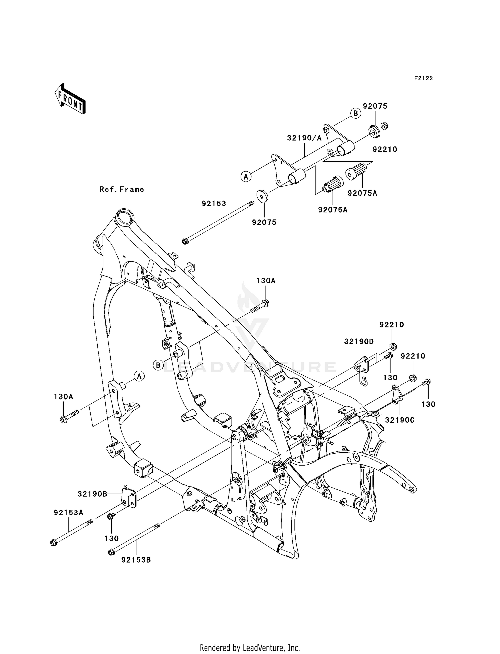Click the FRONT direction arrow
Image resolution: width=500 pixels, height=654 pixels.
(70, 99)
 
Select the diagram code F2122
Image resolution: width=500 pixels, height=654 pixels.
(423, 78)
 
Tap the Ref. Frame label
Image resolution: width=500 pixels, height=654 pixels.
(122, 189)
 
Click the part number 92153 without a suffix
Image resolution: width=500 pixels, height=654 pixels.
(214, 203)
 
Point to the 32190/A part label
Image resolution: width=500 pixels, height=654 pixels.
(304, 138)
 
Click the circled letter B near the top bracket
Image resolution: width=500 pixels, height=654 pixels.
(356, 113)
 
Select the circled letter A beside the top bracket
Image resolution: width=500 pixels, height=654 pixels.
(246, 176)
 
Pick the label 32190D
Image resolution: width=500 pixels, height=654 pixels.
(359, 342)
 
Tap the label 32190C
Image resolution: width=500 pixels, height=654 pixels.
(400, 420)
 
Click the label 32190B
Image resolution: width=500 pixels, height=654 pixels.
(92, 494)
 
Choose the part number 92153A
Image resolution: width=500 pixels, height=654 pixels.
(69, 513)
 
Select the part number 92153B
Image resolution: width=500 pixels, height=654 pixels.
(136, 560)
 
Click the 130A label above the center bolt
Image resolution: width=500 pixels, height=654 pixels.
(266, 281)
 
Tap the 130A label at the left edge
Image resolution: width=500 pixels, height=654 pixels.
(63, 397)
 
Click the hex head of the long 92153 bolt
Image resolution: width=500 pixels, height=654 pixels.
(186, 241)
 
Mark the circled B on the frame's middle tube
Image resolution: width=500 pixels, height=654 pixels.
(158, 365)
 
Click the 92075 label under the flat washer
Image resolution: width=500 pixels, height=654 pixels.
(264, 222)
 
